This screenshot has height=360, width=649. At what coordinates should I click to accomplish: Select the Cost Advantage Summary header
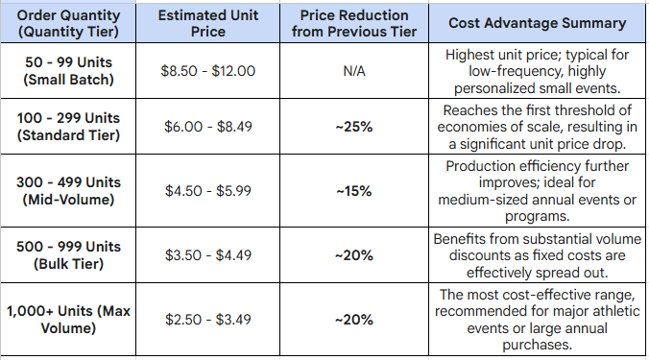(x=537, y=23)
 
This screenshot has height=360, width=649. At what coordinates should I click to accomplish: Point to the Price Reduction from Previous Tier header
(x=353, y=23)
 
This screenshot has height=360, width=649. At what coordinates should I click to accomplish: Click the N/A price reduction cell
(x=353, y=71)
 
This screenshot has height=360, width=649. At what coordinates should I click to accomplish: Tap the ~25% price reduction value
(x=353, y=127)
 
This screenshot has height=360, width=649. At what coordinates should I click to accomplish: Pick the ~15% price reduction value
(x=353, y=191)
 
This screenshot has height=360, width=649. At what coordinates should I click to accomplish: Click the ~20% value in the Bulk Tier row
(x=353, y=254)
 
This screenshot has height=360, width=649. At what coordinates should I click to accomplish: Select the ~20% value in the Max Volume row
(x=353, y=320)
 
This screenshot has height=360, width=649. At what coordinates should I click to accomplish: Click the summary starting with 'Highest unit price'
(x=537, y=70)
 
